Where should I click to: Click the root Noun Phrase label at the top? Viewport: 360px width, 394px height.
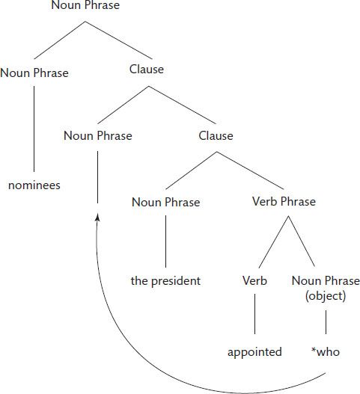tap(85, 5)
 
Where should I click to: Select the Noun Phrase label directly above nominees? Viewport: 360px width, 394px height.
tap(34, 73)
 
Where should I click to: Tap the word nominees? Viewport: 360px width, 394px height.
tap(34, 185)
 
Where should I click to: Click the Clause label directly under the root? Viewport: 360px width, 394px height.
tap(147, 70)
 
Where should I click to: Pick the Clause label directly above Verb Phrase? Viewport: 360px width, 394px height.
tap(216, 135)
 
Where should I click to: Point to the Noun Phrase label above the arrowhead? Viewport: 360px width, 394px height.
tap(98, 135)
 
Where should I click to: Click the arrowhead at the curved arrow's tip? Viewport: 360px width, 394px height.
tap(97, 218)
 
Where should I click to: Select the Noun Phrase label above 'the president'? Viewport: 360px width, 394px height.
tap(166, 202)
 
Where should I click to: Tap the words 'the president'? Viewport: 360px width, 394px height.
tap(165, 280)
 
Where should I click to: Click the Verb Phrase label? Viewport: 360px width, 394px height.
tap(284, 202)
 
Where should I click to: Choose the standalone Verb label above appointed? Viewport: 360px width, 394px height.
tap(254, 280)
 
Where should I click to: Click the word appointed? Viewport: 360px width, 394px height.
tap(254, 352)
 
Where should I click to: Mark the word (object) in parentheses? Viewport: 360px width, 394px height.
tap(326, 296)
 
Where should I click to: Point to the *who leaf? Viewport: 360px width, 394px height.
tap(326, 352)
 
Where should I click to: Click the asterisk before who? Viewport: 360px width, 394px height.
tap(314, 350)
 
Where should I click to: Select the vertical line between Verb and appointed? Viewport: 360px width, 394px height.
tap(254, 314)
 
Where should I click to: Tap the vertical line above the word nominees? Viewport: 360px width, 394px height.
tap(34, 129)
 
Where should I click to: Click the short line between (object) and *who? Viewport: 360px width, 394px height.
tap(326, 322)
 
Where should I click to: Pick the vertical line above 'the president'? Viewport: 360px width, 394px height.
tap(165, 241)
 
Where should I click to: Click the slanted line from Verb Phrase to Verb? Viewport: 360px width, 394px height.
tap(274, 242)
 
